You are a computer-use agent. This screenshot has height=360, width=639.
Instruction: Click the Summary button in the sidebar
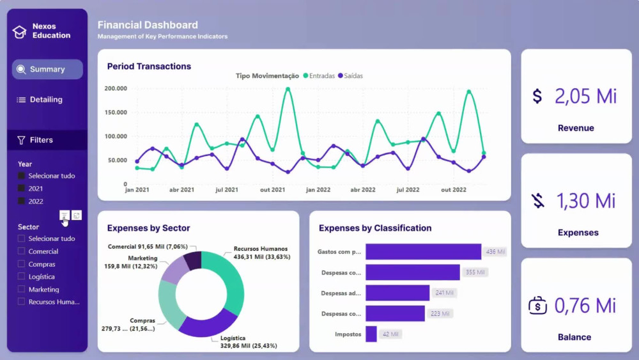[47, 69]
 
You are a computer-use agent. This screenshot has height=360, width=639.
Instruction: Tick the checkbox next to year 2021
[22, 189]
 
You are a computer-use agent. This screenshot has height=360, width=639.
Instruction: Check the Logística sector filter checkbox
[22, 277]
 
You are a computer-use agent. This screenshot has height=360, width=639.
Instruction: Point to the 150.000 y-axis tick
[116, 113]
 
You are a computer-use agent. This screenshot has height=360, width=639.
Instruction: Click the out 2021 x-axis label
[273, 190]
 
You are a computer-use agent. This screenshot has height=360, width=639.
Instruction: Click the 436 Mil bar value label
[495, 252]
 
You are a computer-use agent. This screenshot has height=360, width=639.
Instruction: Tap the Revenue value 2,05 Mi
[585, 96]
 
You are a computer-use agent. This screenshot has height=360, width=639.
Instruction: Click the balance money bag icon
[537, 306]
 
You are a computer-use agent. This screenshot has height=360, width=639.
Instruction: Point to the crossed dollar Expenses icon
[537, 201]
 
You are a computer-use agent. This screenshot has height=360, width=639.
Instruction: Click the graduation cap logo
[20, 31]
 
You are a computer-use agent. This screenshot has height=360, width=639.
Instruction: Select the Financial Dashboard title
[148, 25]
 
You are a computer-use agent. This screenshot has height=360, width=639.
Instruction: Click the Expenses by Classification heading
[375, 228]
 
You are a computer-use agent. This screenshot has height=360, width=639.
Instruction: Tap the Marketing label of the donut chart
[142, 258]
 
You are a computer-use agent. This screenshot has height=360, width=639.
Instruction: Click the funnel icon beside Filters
[21, 140]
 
